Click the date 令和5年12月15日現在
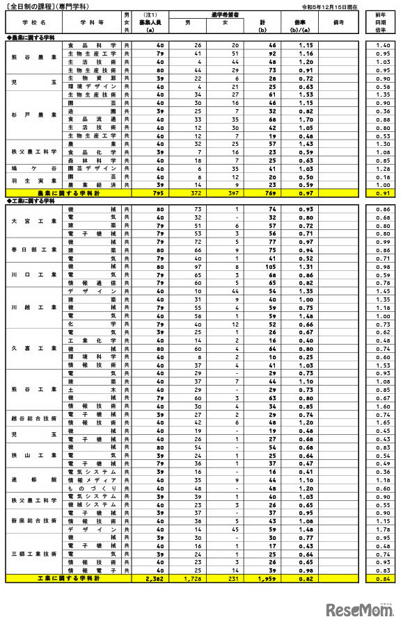point(329,6)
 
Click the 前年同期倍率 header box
point(381,23)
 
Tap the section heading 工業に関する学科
point(31,200)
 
